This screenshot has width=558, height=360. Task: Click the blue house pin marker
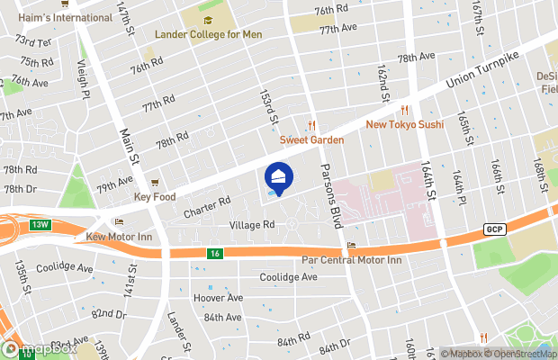[278, 177]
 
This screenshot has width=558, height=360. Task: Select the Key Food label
[153, 196]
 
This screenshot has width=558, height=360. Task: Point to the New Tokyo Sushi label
[405, 124]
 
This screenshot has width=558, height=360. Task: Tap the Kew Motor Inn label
[116, 236]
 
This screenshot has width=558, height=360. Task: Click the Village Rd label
[251, 225]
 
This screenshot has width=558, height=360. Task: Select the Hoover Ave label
[218, 298]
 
